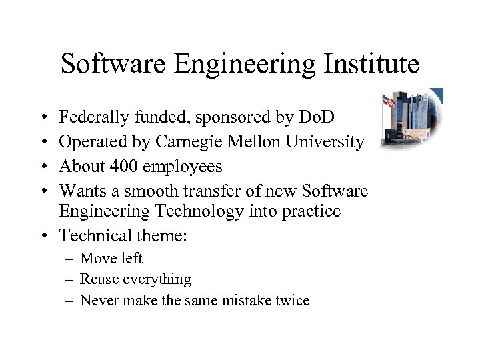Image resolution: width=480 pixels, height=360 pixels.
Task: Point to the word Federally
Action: click(89, 119)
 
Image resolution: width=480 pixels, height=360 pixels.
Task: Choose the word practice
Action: click(313, 212)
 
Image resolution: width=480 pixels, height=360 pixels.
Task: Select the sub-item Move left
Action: click(111, 259)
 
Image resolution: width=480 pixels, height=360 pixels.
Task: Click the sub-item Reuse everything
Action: click(135, 279)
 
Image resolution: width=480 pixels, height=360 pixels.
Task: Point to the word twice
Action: click(292, 301)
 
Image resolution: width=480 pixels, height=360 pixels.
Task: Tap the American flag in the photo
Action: click(388, 101)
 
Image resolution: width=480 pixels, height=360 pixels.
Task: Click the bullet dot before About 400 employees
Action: click(43, 166)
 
